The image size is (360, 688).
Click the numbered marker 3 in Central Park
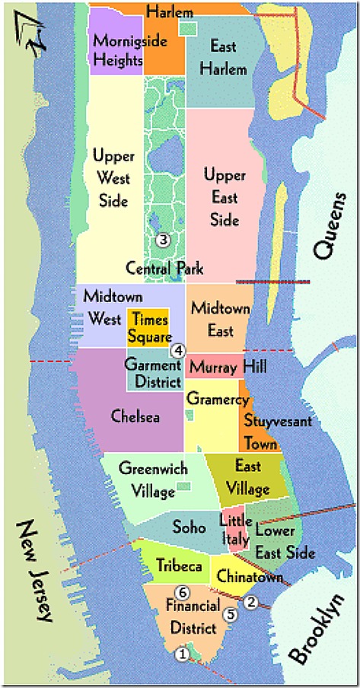click(161, 240)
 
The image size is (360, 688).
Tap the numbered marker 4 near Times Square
click(178, 351)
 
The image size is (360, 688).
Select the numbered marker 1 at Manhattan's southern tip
click(181, 653)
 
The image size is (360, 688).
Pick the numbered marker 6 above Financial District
click(181, 592)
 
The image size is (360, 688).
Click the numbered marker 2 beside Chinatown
click(251, 602)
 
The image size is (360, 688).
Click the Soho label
click(189, 527)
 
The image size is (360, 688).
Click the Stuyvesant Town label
click(261, 430)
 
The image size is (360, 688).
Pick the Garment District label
click(154, 374)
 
